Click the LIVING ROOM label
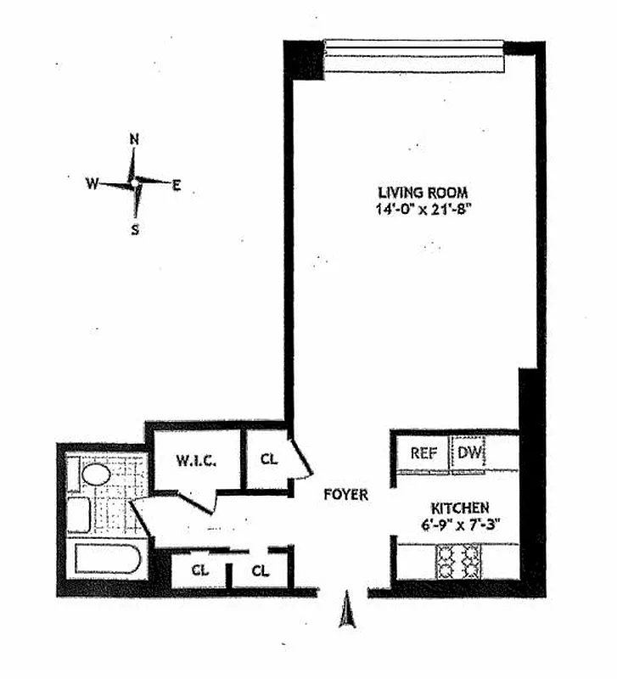(423, 192)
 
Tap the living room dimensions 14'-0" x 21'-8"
(423, 208)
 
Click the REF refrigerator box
(423, 453)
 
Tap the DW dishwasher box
(468, 453)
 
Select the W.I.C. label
(198, 461)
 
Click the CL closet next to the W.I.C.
(269, 460)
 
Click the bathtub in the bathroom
(109, 560)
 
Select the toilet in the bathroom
(78, 514)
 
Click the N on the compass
(134, 139)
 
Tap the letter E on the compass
(177, 184)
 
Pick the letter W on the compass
(92, 182)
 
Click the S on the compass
(135, 227)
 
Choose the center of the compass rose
(134, 182)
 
